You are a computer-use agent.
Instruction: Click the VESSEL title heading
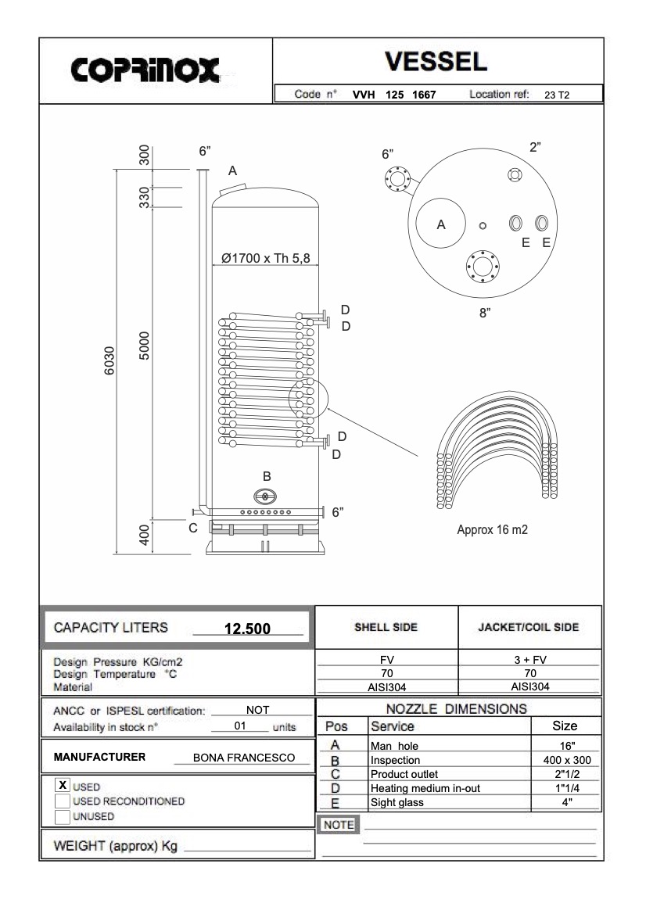(x=438, y=61)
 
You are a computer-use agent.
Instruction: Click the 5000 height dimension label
(x=144, y=346)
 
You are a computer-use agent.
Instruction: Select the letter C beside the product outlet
(x=193, y=528)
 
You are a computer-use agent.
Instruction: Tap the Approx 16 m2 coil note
(x=495, y=529)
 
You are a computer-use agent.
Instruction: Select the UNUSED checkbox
(x=63, y=817)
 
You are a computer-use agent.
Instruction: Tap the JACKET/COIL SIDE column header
(x=529, y=627)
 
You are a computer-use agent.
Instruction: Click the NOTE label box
(x=339, y=825)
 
